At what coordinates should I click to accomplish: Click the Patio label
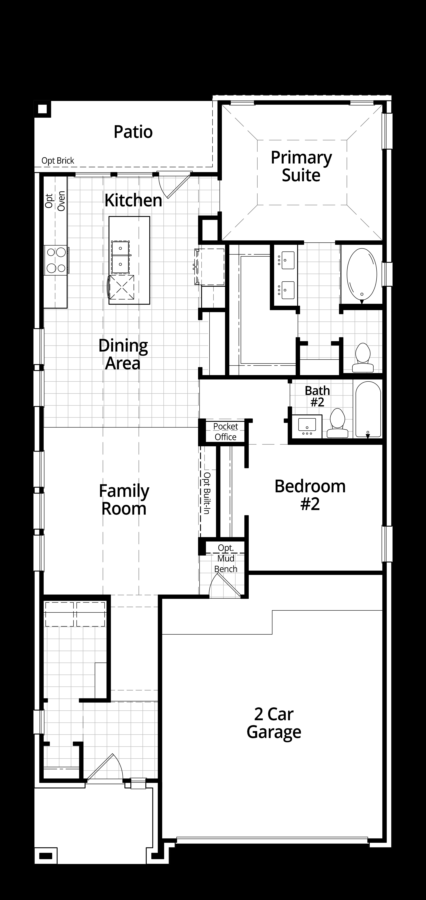click(133, 132)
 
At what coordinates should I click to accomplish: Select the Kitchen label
click(133, 201)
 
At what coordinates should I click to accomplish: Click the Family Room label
click(124, 500)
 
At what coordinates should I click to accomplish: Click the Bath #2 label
click(317, 396)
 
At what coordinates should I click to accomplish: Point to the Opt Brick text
click(58, 161)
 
